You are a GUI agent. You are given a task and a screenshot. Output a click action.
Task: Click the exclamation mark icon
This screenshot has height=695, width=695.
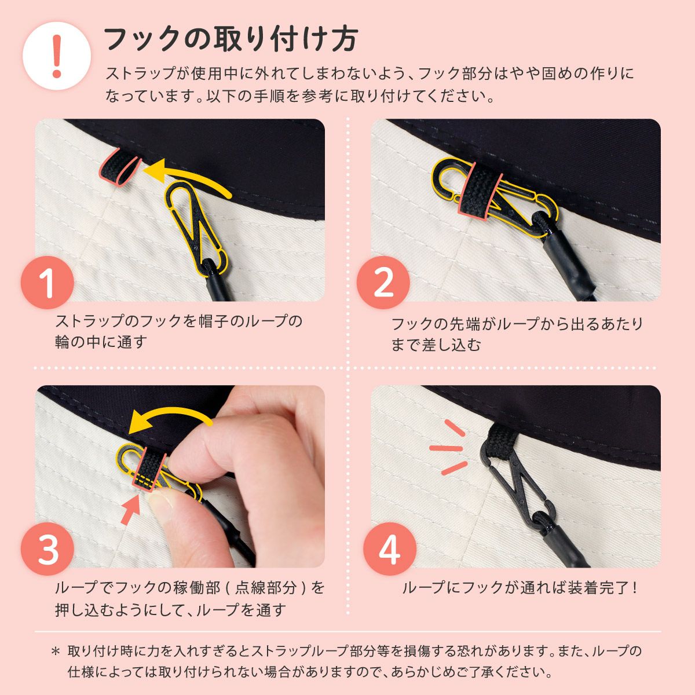pos(57,56)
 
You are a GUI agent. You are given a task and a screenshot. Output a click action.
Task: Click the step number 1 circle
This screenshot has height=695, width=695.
pos(47,282)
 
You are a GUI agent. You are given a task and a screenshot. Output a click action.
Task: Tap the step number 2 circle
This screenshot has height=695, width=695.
pos(383,282)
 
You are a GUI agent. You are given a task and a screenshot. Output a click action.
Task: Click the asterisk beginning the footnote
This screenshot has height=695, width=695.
pos(56,652)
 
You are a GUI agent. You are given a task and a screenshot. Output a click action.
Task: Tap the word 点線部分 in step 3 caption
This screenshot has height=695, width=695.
pos(265,588)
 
